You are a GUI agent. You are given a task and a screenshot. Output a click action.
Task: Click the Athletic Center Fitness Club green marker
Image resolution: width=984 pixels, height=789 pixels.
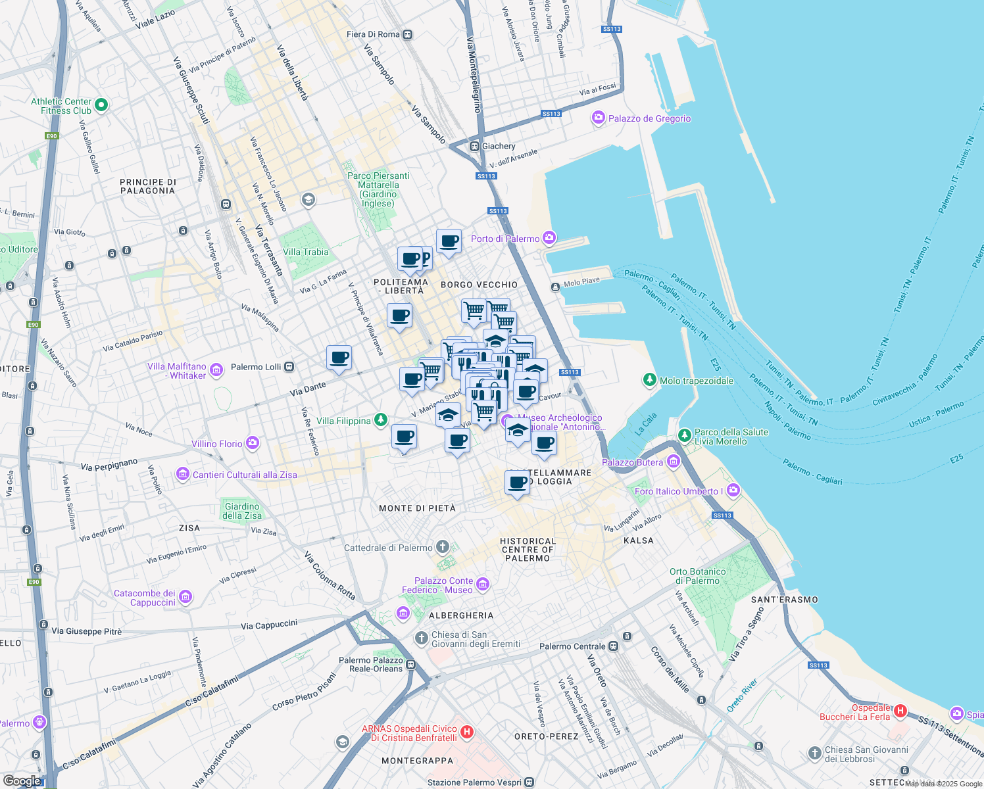[101, 105]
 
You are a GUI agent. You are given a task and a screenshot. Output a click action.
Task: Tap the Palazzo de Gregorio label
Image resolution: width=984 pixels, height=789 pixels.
[649, 118]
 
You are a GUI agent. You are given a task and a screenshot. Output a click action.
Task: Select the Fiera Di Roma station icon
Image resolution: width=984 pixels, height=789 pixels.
[408, 34]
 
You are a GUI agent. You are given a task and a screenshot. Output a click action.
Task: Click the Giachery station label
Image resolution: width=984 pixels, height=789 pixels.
[499, 146]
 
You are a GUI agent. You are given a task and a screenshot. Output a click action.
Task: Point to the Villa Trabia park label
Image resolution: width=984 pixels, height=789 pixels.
[305, 252]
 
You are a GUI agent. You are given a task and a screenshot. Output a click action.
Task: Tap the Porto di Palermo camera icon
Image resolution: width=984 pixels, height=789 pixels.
[549, 238]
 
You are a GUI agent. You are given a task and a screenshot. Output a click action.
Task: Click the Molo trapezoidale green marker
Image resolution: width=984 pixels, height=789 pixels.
[650, 380]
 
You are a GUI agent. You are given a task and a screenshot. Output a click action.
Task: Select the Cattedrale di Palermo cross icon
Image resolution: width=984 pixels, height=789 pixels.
[443, 547]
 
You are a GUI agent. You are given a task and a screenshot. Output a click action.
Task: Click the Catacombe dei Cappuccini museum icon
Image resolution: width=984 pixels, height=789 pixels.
[185, 597]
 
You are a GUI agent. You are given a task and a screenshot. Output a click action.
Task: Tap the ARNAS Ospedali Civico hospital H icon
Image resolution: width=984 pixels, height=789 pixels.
[467, 732]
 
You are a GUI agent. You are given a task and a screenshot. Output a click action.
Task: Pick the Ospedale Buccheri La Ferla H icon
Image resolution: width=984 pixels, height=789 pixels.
[900, 711]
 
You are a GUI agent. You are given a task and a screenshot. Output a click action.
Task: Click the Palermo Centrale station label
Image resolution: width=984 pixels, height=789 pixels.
[572, 646]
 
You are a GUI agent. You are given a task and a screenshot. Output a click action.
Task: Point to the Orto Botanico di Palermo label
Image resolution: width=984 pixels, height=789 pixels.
[698, 576]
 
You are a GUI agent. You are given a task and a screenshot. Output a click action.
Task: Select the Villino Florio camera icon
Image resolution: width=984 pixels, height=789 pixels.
[253, 444]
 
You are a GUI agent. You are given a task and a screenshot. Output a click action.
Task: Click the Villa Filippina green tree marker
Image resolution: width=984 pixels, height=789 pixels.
[380, 420]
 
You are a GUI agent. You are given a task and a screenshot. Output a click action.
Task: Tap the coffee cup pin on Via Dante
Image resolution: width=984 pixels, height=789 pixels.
[339, 358]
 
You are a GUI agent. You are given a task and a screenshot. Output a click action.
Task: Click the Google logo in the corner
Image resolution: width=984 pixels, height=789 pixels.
[22, 780]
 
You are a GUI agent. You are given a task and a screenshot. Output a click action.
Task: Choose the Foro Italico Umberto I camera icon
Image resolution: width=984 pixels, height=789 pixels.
[733, 490]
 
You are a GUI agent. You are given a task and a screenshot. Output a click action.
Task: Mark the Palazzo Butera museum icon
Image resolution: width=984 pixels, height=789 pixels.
[673, 462]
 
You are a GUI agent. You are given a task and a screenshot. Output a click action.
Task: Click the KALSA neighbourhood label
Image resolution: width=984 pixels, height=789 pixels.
[638, 540]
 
